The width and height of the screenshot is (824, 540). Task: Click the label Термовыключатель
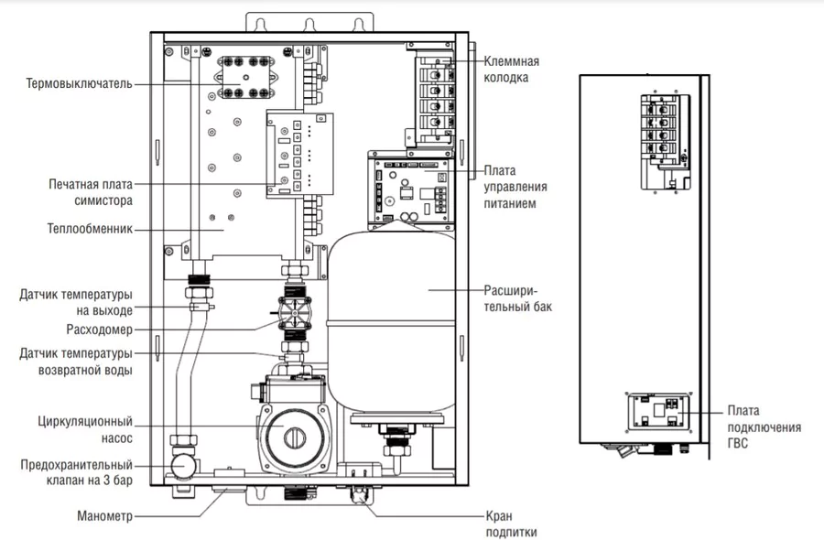[x=79, y=84]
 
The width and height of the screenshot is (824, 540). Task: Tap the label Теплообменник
[x=90, y=229]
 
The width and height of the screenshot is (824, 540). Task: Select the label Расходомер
[x=99, y=329]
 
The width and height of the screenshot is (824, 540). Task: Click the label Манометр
[x=104, y=516]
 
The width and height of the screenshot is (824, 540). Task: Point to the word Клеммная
[x=511, y=61]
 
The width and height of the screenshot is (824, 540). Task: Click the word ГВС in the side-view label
[x=738, y=444]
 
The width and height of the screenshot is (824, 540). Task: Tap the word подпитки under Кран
[x=511, y=532]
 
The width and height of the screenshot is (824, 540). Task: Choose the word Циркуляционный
[x=85, y=422]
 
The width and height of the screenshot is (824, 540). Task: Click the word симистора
[x=103, y=200]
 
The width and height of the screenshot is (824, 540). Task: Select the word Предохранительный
[x=77, y=465]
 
